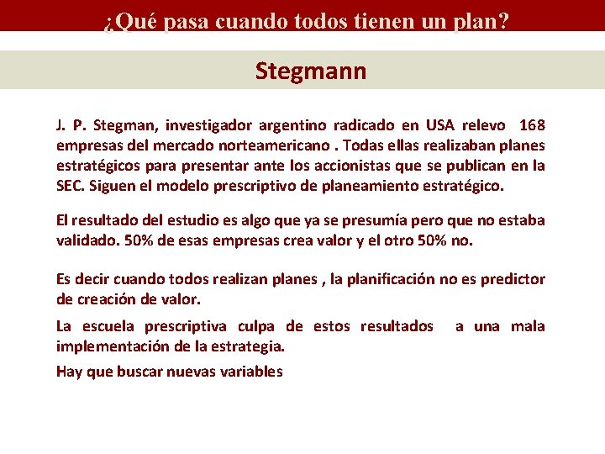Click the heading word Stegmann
pyautogui.click(x=311, y=71)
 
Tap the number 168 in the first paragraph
pyautogui.click(x=532, y=126)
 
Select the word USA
pyautogui.click(x=442, y=126)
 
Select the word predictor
pyautogui.click(x=513, y=279)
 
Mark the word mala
pyautogui.click(x=528, y=326)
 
